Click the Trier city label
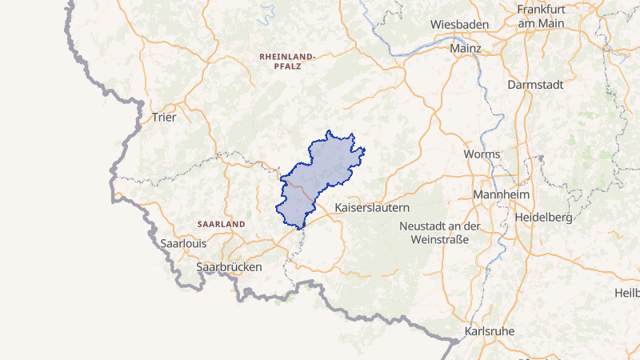click(x=163, y=117)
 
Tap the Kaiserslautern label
click(x=372, y=206)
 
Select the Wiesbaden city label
click(x=459, y=25)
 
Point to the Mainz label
click(x=466, y=49)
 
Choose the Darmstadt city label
click(x=535, y=84)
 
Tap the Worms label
click(x=482, y=154)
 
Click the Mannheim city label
click(x=502, y=195)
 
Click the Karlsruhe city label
click(x=489, y=330)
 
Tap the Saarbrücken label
click(x=229, y=266)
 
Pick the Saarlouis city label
click(x=184, y=242)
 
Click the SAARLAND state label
click(x=221, y=225)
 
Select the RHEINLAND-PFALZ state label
click(x=288, y=62)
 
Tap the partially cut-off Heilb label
click(x=626, y=294)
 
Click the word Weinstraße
click(x=442, y=239)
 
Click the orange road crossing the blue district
click(x=302, y=193)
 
